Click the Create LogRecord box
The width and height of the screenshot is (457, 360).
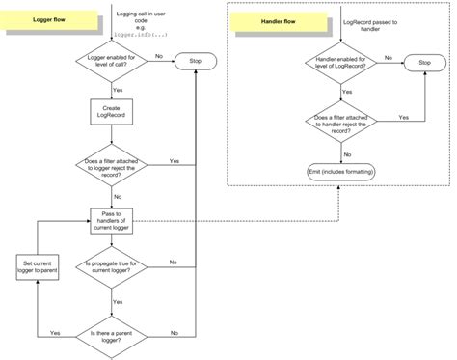click(109, 111)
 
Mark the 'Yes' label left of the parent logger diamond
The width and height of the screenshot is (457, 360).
click(55, 330)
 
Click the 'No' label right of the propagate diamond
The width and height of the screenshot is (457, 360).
click(172, 261)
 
